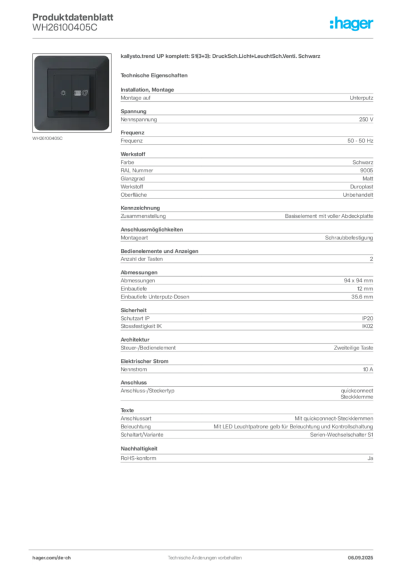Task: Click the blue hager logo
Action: [x=352, y=24]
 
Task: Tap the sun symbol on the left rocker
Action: [x=62, y=93]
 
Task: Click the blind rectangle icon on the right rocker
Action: [x=78, y=93]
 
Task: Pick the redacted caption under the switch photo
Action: [x=49, y=138]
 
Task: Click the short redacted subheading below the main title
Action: [x=155, y=75]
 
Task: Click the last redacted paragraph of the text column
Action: [x=246, y=455]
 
